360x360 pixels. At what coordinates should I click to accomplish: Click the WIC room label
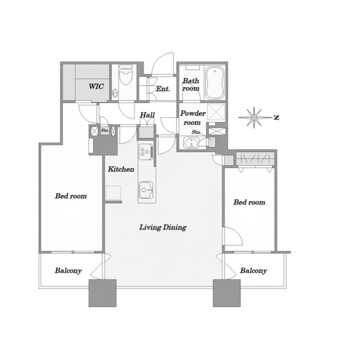click(96, 86)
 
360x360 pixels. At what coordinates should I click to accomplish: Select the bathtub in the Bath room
click(215, 83)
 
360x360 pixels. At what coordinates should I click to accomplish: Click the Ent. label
click(163, 89)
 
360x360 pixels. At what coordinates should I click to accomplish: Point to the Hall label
click(147, 115)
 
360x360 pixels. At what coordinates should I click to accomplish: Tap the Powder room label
click(193, 118)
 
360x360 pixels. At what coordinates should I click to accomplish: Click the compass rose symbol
click(255, 118)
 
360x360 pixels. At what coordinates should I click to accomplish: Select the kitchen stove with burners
click(145, 152)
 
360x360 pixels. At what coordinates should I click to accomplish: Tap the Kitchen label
click(121, 169)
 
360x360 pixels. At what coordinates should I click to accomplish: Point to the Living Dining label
click(163, 227)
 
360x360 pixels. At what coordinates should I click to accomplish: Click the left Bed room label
click(71, 196)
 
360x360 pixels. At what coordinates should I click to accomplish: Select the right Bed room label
click(249, 202)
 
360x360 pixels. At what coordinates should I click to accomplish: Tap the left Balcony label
click(68, 271)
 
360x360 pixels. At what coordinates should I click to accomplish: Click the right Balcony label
click(253, 271)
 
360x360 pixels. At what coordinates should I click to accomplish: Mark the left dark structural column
click(103, 293)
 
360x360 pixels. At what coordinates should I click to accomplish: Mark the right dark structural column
click(227, 293)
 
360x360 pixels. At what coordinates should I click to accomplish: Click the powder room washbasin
click(191, 143)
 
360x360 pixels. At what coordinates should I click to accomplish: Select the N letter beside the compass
click(276, 118)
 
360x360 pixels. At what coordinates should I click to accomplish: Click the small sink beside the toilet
click(115, 93)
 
